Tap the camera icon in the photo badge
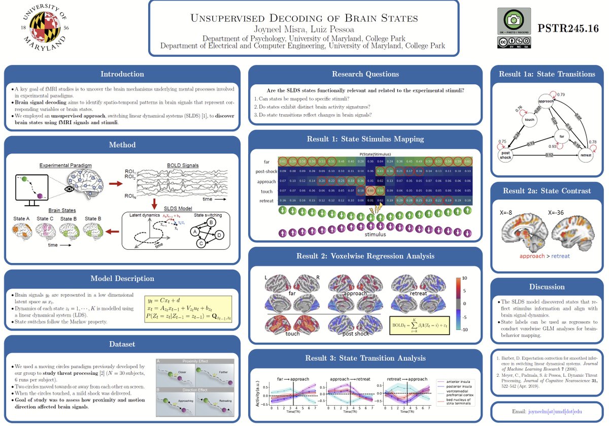point(514,19)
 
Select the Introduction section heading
point(122,74)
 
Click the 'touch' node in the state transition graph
point(529,120)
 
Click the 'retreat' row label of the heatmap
point(267,201)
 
